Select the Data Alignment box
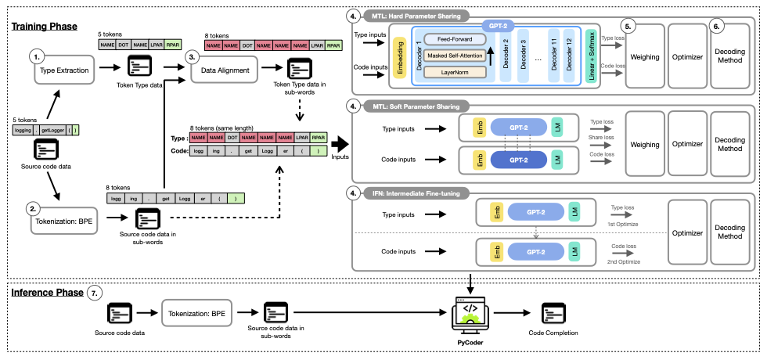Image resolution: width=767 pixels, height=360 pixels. [x=225, y=71]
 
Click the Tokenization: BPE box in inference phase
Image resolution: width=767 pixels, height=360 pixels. [x=196, y=314]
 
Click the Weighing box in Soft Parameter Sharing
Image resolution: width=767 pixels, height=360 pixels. [x=645, y=145]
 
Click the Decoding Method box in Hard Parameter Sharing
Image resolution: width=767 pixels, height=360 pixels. [x=730, y=55]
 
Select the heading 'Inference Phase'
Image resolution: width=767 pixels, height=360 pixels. [x=48, y=293]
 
